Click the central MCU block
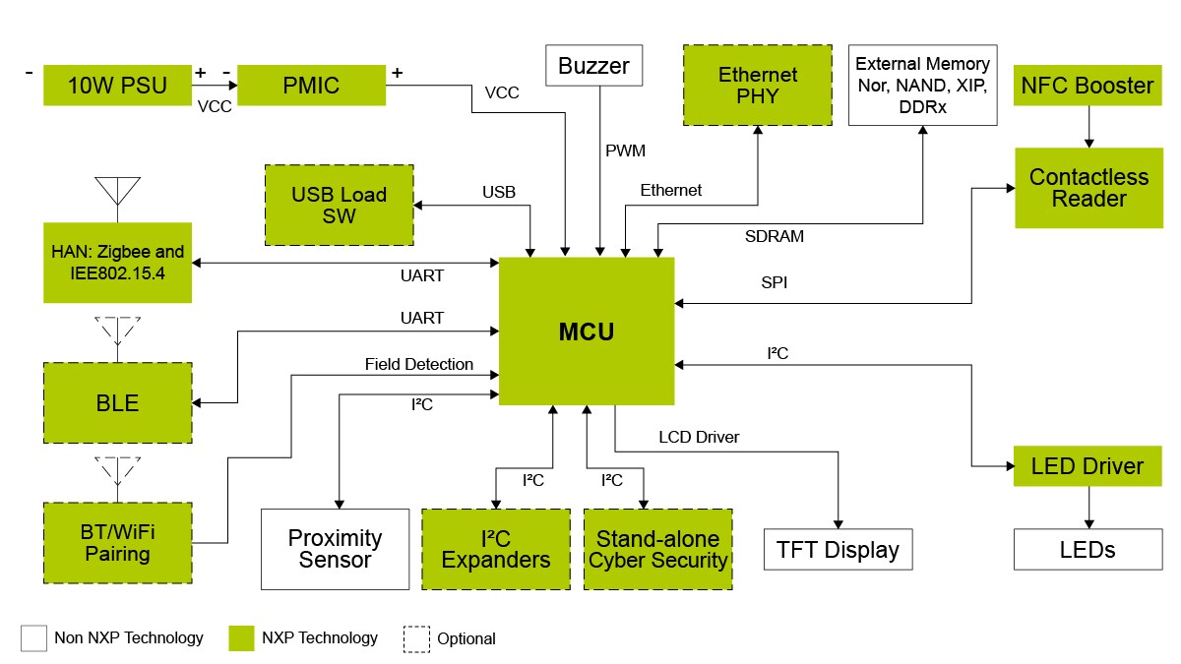pos(587,332)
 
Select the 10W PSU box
pos(117,86)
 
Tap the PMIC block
pos(311,86)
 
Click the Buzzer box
pos(593,67)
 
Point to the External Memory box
pos(923,86)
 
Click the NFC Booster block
pos(1087,86)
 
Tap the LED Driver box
pos(1087,465)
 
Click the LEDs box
pos(1087,549)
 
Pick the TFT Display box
pos(838,549)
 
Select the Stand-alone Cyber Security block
pos(657,549)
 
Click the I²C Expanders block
pos(496,549)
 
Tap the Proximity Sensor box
pos(335,549)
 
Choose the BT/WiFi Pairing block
pos(117,542)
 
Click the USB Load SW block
pos(339,205)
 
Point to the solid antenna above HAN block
pos(117,192)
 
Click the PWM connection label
pos(625,151)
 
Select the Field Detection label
pos(418,364)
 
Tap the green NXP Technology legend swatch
pos(241,638)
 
